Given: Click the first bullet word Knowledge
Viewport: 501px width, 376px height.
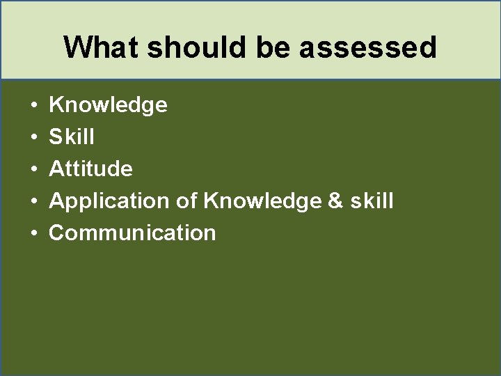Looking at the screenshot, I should [x=108, y=105].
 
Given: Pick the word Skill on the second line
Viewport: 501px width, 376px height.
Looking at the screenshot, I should [x=72, y=137].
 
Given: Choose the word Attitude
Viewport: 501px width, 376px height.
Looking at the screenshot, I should [x=90, y=169].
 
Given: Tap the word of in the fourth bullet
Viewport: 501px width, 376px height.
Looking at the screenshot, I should [x=186, y=201].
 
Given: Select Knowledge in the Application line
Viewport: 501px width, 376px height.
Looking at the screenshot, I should [x=262, y=201].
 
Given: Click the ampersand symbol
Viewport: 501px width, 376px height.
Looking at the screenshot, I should [x=335, y=201].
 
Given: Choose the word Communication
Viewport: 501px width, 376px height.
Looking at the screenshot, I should [x=132, y=233].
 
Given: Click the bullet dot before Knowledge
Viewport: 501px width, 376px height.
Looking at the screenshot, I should [x=34, y=106].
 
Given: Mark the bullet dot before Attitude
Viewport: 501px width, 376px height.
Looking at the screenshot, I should [x=34, y=169].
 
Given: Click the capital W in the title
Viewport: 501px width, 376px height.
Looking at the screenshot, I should [x=77, y=47].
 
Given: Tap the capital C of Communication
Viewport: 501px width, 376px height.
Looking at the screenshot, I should [x=57, y=233].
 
